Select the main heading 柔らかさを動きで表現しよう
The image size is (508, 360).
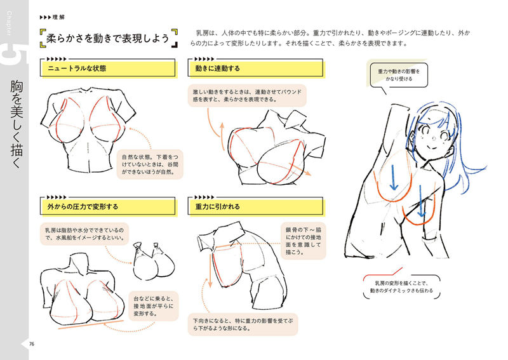click(x=108, y=39)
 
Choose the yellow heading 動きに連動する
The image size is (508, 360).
click(x=218, y=67)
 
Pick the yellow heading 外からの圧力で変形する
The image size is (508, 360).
click(x=83, y=206)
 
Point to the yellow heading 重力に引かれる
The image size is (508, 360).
click(x=218, y=206)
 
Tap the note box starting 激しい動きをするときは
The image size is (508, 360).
click(x=248, y=96)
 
